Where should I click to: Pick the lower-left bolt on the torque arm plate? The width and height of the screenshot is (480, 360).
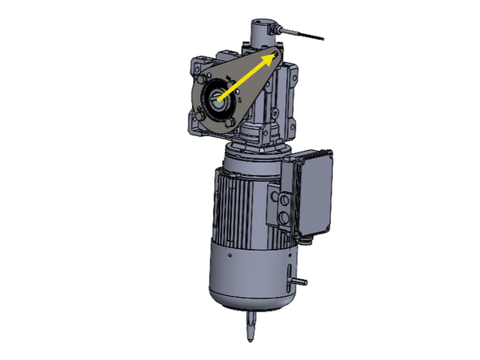(x=202, y=122)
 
